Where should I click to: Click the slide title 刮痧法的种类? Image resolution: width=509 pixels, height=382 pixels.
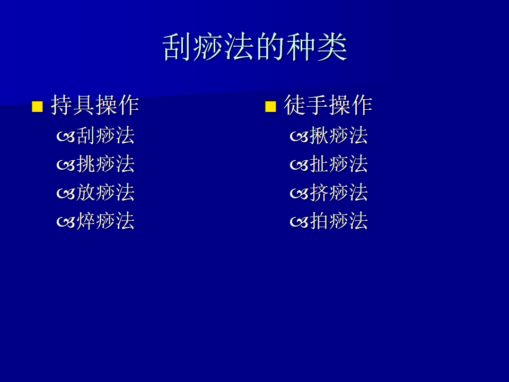(x=255, y=47)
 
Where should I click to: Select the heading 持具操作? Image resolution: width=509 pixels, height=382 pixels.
(x=95, y=105)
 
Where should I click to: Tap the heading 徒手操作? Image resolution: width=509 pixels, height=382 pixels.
(x=328, y=105)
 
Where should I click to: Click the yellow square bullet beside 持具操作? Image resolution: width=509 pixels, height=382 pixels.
(x=37, y=107)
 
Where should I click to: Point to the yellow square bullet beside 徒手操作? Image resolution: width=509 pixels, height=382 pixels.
(x=270, y=107)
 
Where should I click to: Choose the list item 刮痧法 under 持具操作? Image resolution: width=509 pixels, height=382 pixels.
(x=106, y=135)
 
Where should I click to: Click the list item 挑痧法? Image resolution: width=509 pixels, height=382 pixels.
(x=106, y=164)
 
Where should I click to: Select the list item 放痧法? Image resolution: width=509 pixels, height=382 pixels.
(x=106, y=192)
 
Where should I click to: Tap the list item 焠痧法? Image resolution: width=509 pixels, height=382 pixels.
(x=106, y=221)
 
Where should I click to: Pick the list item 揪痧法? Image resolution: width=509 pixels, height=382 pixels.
(x=339, y=135)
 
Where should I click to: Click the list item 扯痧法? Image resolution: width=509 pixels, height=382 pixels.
(x=339, y=164)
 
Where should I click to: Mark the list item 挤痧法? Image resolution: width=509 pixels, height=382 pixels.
(x=339, y=192)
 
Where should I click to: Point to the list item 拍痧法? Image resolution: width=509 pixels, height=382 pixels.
(x=339, y=221)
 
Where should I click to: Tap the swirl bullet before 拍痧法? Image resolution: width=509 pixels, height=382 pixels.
(x=299, y=222)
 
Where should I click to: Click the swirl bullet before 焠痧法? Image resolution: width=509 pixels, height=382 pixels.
(x=66, y=222)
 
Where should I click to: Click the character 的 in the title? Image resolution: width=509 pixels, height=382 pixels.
(x=270, y=47)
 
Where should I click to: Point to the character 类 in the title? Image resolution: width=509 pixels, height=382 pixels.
(x=332, y=47)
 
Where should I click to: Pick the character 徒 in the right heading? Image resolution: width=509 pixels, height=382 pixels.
(x=295, y=105)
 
